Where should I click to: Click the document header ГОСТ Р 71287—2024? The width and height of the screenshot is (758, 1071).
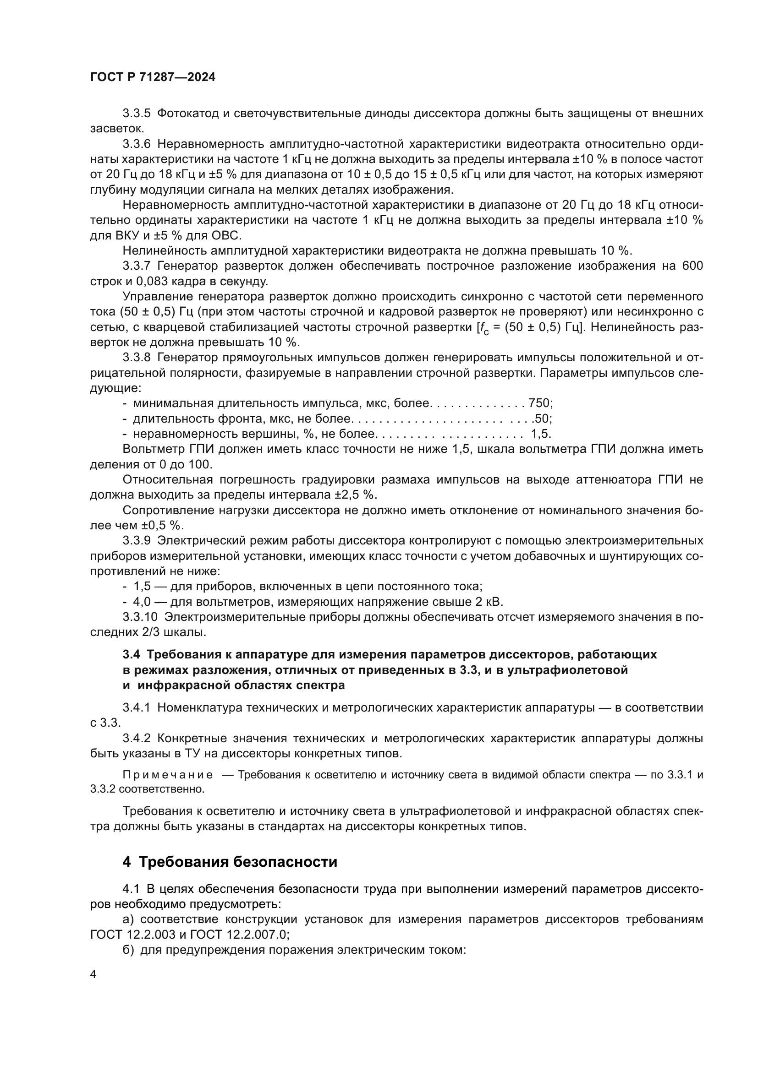click(153, 77)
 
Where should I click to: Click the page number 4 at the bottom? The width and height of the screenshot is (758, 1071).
click(93, 975)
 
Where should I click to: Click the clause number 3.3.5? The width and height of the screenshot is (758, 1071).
click(136, 114)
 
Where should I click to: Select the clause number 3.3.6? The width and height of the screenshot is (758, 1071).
click(136, 144)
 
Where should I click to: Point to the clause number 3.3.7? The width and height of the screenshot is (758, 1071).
click(136, 266)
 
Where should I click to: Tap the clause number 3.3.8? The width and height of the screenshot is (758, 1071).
click(136, 358)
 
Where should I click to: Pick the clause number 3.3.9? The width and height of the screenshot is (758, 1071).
click(136, 541)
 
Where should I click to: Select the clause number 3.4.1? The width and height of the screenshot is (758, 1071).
click(136, 707)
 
